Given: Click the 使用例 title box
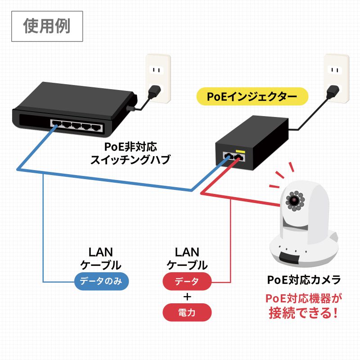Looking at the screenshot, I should click(47, 26).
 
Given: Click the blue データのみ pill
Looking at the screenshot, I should click(101, 282).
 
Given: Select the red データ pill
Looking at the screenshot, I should click(186, 282).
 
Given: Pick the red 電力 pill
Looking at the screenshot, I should click(186, 312).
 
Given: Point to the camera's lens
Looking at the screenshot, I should click(295, 198).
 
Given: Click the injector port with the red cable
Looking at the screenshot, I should click(239, 157).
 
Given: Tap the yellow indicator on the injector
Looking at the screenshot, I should click(240, 150).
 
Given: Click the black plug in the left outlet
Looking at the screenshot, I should click(154, 92).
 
